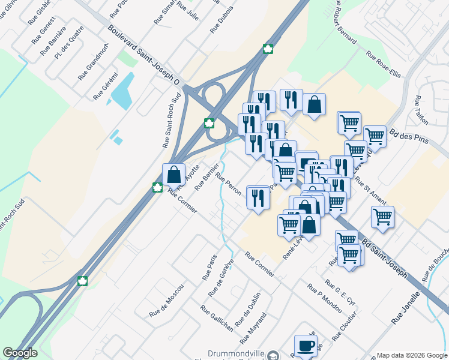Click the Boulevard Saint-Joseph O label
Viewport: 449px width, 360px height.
pos(145,55)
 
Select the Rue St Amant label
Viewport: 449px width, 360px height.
pos(370,188)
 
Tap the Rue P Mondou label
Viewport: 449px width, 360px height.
pos(324,298)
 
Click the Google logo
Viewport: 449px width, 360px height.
pos(20,353)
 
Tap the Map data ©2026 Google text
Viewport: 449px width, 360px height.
pos(412,355)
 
